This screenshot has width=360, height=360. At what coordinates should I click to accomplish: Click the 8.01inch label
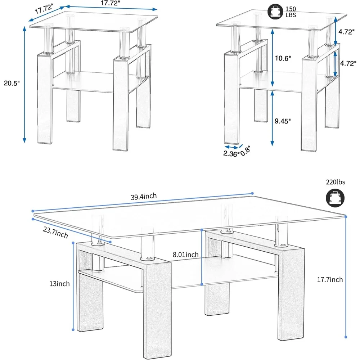pyautogui.click(x=185, y=255)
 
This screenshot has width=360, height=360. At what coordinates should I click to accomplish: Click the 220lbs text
pyautogui.click(x=336, y=182)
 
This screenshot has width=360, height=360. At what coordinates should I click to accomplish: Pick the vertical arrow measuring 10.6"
pyautogui.click(x=272, y=58)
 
